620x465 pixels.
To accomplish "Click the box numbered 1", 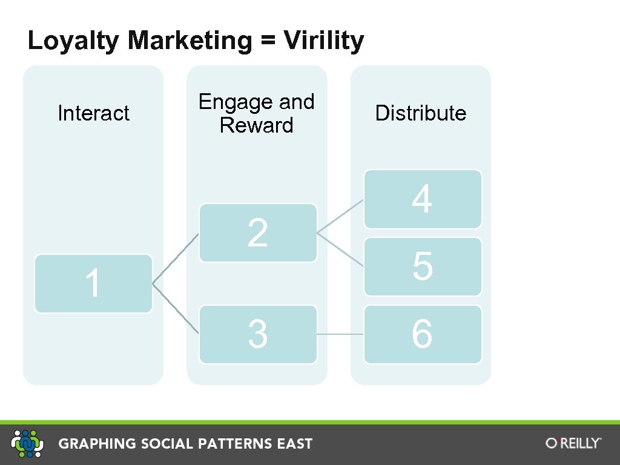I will (x=93, y=283).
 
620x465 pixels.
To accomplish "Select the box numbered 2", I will (x=258, y=232).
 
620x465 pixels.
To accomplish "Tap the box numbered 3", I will (x=258, y=334).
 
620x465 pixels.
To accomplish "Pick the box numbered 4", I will (x=423, y=199).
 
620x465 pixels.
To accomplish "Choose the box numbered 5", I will (x=423, y=266).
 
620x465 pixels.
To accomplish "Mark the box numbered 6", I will (x=423, y=334).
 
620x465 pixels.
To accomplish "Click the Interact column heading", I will (x=93, y=113).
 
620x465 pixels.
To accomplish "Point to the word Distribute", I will (x=421, y=113).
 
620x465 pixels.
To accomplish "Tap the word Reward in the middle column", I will (x=256, y=126).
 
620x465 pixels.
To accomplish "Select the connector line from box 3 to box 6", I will (x=340, y=334).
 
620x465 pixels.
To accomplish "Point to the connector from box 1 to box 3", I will (x=176, y=308).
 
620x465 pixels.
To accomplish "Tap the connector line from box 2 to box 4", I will (x=340, y=216).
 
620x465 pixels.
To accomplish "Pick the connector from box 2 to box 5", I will (x=340, y=249).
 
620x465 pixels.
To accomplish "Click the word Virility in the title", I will (x=324, y=41).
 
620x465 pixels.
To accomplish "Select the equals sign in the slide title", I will (x=265, y=41).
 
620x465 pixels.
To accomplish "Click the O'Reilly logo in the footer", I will (x=573, y=443).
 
